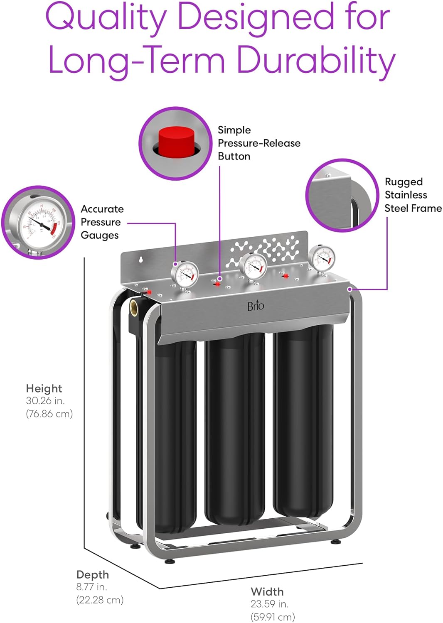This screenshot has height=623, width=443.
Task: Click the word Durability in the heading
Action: [x=315, y=60]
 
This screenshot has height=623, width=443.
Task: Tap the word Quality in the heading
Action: [x=106, y=17]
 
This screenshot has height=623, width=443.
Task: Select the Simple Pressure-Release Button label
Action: [x=258, y=143]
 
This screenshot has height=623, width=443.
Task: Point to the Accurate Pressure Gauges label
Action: [x=102, y=222]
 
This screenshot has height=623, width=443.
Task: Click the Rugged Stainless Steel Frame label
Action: [x=413, y=195]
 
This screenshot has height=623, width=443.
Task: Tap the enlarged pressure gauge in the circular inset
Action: [x=39, y=222]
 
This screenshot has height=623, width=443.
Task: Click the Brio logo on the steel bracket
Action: [x=256, y=306]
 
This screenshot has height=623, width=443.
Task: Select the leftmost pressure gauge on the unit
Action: [x=185, y=274]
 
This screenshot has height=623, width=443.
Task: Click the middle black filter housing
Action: [x=235, y=428]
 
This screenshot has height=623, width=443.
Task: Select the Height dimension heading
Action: [x=44, y=389]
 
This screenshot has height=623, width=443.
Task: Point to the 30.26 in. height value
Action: [x=45, y=401]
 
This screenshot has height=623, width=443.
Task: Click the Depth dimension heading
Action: [x=92, y=575]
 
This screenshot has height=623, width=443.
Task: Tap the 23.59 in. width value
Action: [x=269, y=604]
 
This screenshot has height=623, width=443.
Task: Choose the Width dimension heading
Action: [x=267, y=592]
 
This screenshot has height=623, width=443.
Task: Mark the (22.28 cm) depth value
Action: [x=100, y=600]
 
